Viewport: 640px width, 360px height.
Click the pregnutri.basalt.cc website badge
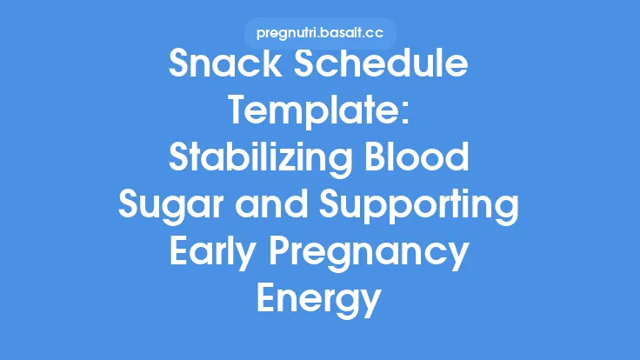tap(320, 33)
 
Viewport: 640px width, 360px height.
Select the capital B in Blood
tap(376, 160)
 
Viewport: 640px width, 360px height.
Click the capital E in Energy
tap(266, 301)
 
